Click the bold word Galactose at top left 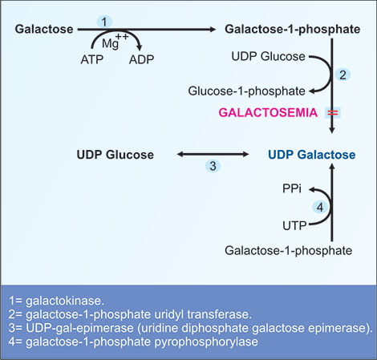[x=43, y=30]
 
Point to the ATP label [x=92, y=60]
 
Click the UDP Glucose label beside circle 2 [x=261, y=57]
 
